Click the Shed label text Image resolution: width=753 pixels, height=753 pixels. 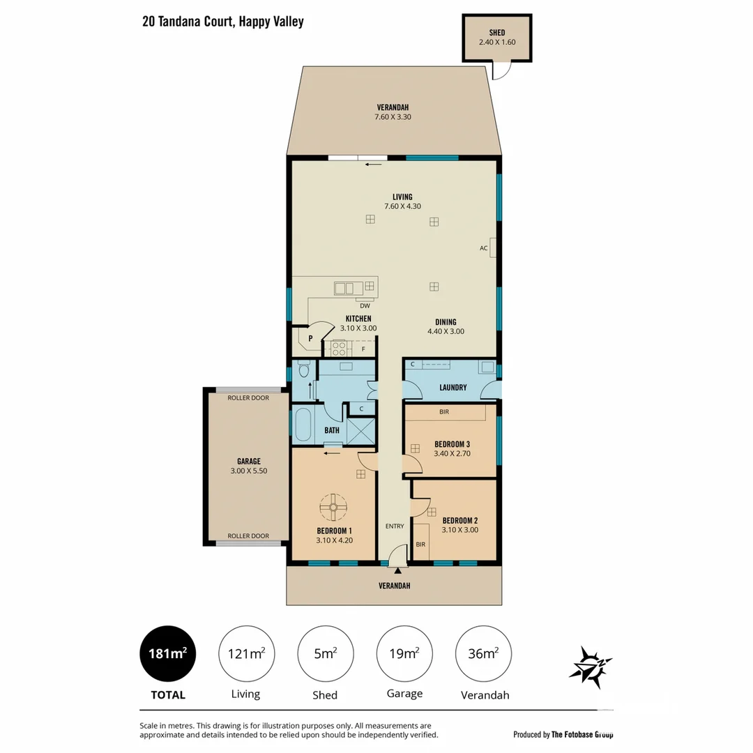[x=497, y=33]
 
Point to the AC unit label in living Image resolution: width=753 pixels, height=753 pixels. [x=483, y=248]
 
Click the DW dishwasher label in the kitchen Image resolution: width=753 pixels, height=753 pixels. [x=364, y=305]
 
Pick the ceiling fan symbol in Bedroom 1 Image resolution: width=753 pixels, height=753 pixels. [x=333, y=508]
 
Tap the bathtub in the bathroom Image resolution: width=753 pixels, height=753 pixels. [x=303, y=425]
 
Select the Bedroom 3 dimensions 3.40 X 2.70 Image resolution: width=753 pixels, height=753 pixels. [x=452, y=453]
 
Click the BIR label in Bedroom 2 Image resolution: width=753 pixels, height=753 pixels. [x=420, y=544]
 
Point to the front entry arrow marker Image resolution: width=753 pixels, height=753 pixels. [x=397, y=571]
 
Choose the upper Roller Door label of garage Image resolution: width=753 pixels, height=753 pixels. [x=248, y=398]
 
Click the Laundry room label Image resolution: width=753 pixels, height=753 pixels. [x=452, y=388]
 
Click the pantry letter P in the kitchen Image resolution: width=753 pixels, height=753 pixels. [x=310, y=338]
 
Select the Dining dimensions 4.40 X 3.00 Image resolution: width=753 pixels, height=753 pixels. [x=446, y=332]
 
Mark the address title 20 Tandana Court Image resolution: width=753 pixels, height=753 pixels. [x=222, y=22]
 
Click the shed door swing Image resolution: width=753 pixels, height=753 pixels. [x=500, y=70]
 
